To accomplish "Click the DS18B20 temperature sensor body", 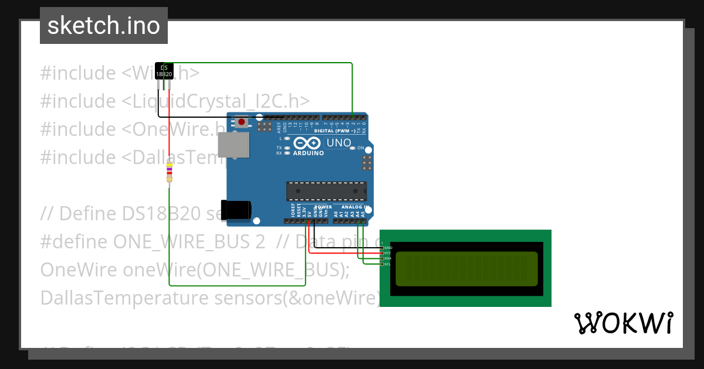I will click(x=164, y=71).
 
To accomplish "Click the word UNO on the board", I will click(x=339, y=143).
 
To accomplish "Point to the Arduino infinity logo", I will click(x=306, y=143).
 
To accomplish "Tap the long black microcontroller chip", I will click(x=326, y=191).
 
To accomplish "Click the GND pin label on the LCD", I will click(x=388, y=248).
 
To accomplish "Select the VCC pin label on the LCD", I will click(x=388, y=253).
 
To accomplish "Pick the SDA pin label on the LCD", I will click(x=388, y=258).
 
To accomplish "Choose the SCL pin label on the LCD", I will click(x=388, y=264).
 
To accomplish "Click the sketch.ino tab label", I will click(x=104, y=26).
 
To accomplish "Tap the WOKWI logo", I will click(x=623, y=323).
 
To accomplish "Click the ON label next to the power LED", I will click(x=361, y=148).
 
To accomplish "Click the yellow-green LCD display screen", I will click(x=466, y=268).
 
